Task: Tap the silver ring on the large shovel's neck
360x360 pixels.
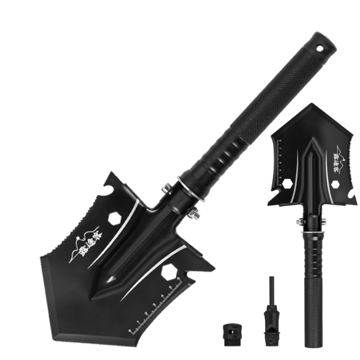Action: coord(191,189)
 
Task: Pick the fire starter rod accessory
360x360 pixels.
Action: coord(269,312)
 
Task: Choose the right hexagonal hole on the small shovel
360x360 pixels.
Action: coord(336,183)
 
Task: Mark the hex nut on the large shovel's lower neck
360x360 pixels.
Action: coord(195,214)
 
